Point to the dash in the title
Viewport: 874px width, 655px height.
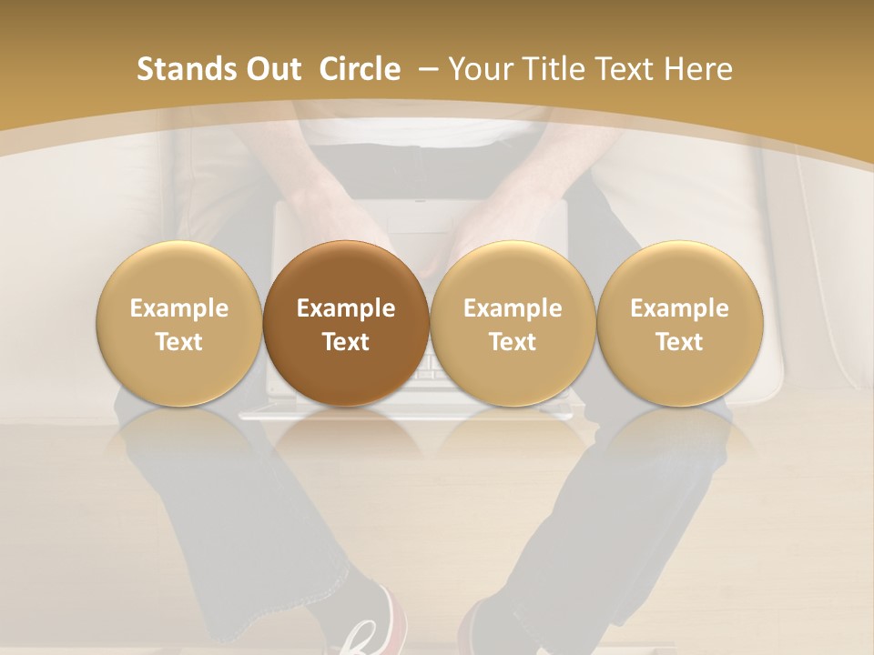(428, 70)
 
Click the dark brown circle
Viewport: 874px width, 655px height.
(346, 324)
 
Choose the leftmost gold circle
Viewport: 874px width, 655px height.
(179, 324)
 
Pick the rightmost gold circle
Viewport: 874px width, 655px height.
(679, 324)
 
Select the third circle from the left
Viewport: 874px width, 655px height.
(513, 324)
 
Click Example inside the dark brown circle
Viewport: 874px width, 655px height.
(346, 308)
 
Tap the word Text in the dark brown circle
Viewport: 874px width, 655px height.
(346, 342)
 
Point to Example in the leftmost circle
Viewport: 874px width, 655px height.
(179, 308)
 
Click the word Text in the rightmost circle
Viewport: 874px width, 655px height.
(679, 342)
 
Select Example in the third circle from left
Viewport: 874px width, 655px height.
(513, 308)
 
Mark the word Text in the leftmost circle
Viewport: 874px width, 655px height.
(179, 342)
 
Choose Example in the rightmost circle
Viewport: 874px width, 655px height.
(679, 308)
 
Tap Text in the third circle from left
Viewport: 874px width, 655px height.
(513, 342)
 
